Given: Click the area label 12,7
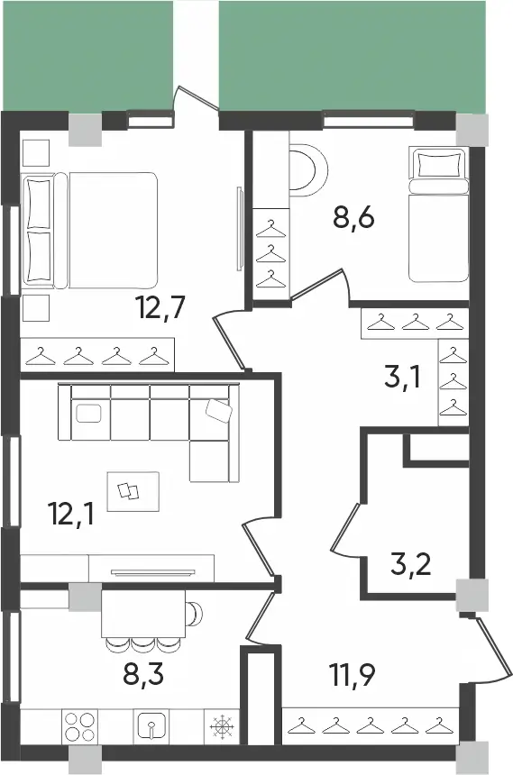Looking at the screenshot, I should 161,310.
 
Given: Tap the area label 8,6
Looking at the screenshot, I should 353,218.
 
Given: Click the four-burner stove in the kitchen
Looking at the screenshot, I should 78,726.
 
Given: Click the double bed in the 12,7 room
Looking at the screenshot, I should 90,231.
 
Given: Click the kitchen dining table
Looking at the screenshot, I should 144,613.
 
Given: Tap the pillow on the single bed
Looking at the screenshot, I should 439,164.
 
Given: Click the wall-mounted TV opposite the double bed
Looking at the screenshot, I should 239,227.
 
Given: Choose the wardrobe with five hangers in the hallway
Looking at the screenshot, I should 370,724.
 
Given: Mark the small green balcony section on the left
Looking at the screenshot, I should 87,53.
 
